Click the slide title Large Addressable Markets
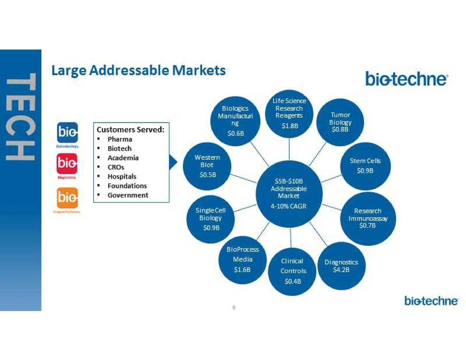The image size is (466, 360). pyautogui.click(x=138, y=70)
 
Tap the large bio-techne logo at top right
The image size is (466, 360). pyautogui.click(x=406, y=79)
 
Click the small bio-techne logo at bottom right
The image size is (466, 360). pyautogui.click(x=431, y=301)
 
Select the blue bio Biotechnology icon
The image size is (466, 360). pyautogui.click(x=67, y=132)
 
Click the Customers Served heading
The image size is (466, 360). pyautogui.click(x=130, y=130)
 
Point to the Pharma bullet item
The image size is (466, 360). pyautogui.click(x=120, y=139)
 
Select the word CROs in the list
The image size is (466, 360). pyautogui.click(x=116, y=167)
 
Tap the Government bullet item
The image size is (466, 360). pyautogui.click(x=128, y=195)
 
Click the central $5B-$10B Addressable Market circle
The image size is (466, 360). pyautogui.click(x=289, y=193)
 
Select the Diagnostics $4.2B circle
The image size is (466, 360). pyautogui.click(x=341, y=266)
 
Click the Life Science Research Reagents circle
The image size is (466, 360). pyautogui.click(x=289, y=113)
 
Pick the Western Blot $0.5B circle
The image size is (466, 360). pyautogui.click(x=207, y=166)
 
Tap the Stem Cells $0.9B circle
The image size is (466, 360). pyautogui.click(x=365, y=166)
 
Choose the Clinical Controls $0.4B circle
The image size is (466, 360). pyautogui.click(x=292, y=272)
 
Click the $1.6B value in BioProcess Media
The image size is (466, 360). pyautogui.click(x=242, y=270)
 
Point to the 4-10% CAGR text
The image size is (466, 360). pyautogui.click(x=288, y=206)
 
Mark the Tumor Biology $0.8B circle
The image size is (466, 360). pyautogui.click(x=340, y=122)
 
